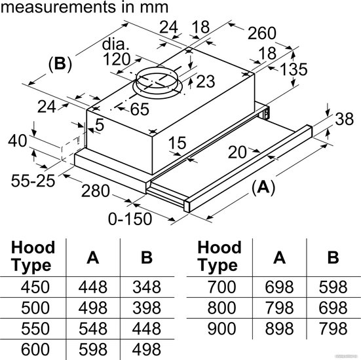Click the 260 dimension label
pos(262,33)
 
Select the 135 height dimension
pos(294,69)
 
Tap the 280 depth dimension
pos(95,191)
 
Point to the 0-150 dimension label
pos(130,219)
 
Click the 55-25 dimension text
pos(33,181)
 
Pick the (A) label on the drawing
pos(263,187)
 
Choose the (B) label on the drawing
pos(60,63)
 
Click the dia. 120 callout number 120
pos(117,60)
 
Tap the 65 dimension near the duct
pos(140,109)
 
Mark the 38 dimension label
pos(344,119)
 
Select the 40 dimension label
pos(18,141)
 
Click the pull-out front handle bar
pos(248,169)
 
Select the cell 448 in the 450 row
pos(93,287)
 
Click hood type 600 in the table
pos(35,349)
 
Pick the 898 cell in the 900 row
pos(279,329)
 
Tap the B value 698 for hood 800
pos(333,308)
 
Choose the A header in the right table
pos(279,257)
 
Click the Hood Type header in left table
pos(33,257)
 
